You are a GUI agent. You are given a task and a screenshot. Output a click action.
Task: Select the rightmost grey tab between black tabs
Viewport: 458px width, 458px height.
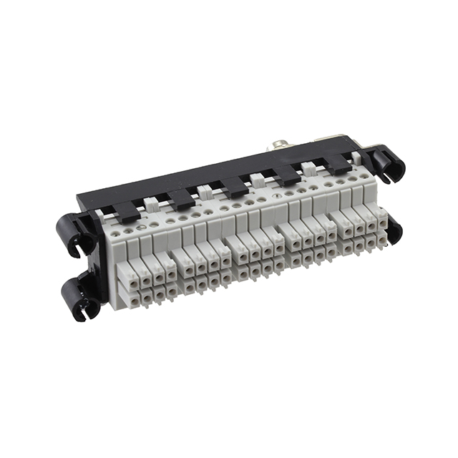(x=310, y=169)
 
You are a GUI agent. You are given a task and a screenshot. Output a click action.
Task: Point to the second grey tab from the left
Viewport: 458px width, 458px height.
(x=205, y=192)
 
